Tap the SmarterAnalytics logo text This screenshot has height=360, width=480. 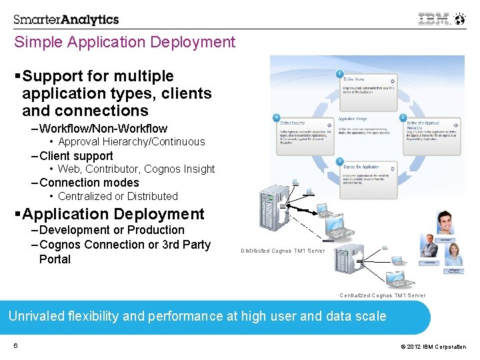tap(66, 19)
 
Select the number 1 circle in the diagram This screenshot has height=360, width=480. tap(340, 73)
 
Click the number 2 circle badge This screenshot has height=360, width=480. tap(403, 117)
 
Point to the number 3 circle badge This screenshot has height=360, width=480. tap(340, 161)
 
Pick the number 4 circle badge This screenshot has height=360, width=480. tap(276, 117)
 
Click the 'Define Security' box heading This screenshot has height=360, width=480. tap(294, 123)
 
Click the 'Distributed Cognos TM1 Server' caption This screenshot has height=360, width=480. tap(283, 251)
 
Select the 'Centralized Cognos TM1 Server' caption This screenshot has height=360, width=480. tap(382, 295)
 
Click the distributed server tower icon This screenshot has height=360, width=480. tap(273, 207)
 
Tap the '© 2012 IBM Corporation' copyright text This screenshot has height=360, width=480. tap(433, 347)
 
